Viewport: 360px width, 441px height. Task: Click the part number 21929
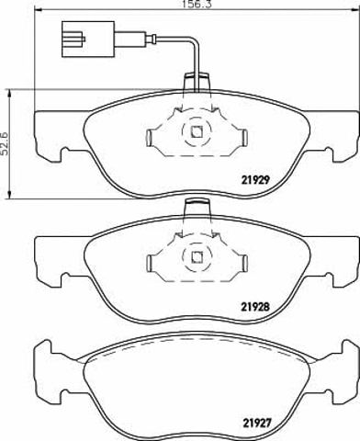point(255,180)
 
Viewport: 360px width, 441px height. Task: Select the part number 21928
point(255,306)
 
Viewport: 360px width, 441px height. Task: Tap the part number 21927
point(256,424)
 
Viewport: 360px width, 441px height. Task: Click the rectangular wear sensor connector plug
point(88,40)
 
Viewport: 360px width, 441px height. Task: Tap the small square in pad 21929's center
point(197,132)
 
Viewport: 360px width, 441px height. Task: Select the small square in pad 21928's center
point(197,257)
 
